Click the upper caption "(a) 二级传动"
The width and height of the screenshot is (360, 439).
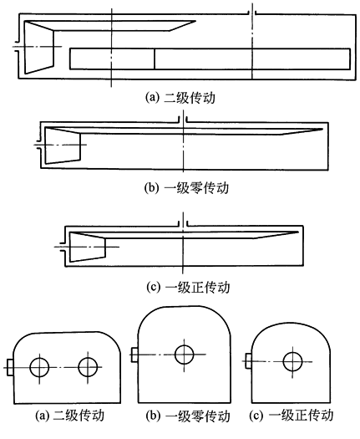pyautogui.click(x=180, y=98)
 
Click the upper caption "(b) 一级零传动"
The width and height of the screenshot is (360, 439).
pyautogui.click(x=186, y=187)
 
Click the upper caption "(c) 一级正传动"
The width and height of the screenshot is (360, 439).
pyautogui.click(x=188, y=288)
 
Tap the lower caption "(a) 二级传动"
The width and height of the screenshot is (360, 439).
pyautogui.click(x=70, y=416)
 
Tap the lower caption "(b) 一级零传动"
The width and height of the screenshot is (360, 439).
pyautogui.click(x=188, y=416)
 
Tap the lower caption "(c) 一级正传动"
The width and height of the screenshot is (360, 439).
pyautogui.click(x=292, y=415)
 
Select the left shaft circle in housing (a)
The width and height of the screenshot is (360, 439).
pyautogui.click(x=39, y=367)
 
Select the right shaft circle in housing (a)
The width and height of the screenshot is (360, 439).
pyautogui.click(x=88, y=367)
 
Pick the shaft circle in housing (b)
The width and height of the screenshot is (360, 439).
pyautogui.click(x=184, y=355)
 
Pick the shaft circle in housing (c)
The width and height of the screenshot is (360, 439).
pyautogui.click(x=292, y=361)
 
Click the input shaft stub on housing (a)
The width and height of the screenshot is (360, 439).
pyautogui.click(x=9, y=367)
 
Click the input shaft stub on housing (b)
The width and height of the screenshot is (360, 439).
pyautogui.click(x=134, y=355)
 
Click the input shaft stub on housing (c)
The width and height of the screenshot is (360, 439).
pyautogui.click(x=248, y=361)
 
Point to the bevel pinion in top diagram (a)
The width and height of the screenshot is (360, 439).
pyautogui.click(x=39, y=48)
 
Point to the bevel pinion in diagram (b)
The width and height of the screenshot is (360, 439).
pyautogui.click(x=63, y=145)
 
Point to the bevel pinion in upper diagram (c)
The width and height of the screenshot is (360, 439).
pyautogui.click(x=87, y=247)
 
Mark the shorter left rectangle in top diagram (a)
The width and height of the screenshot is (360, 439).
pyautogui.click(x=112, y=59)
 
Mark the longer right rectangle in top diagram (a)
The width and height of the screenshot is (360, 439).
pyautogui.click(x=252, y=59)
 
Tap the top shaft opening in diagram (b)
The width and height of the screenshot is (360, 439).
pyautogui.click(x=183, y=120)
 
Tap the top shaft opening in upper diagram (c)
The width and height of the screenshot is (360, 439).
pyautogui.click(x=183, y=223)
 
